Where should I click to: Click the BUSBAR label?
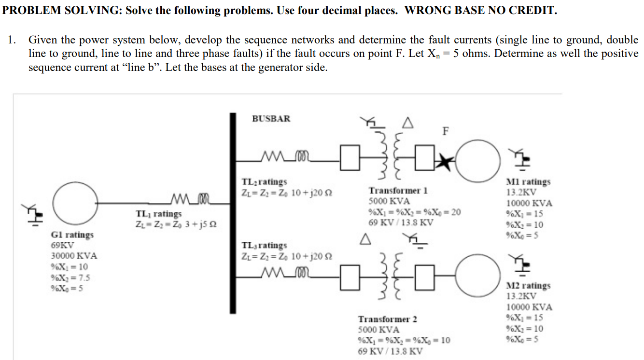(271, 119)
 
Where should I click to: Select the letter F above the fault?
(445, 130)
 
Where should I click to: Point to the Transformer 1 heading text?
(398, 191)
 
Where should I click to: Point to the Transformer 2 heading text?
(387, 319)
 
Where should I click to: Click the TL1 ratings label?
(159, 213)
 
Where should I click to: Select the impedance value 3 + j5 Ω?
(198, 224)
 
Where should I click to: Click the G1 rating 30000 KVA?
(74, 256)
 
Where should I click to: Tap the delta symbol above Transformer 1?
(408, 125)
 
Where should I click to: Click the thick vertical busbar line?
(233, 212)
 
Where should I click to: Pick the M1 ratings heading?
(528, 182)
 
